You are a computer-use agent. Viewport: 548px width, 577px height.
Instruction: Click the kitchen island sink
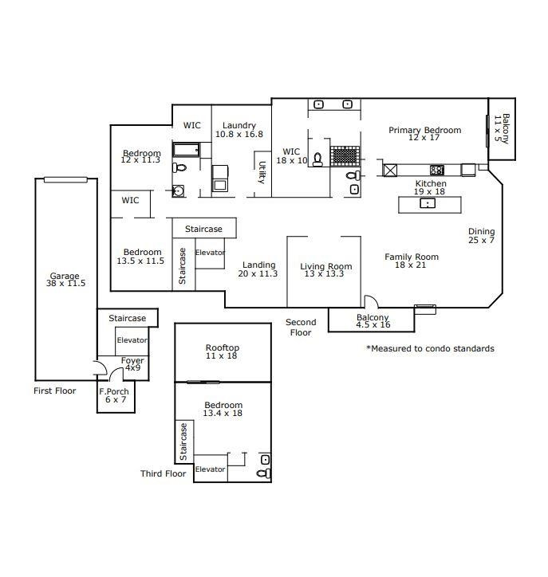(428, 203)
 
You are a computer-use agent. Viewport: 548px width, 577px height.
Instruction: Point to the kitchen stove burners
(437, 170)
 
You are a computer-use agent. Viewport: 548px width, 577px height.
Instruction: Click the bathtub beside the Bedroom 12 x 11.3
(187, 150)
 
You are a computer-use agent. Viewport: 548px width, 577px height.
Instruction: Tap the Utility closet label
(262, 172)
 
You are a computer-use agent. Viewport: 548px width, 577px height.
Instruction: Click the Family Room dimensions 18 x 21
(410, 265)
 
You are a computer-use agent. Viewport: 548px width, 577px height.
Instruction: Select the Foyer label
(132, 360)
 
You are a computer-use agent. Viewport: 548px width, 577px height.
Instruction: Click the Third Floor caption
(164, 473)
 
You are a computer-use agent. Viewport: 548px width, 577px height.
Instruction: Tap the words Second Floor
(301, 327)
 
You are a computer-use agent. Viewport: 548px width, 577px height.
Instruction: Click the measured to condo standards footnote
(430, 348)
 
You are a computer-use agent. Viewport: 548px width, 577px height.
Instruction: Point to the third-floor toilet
(264, 473)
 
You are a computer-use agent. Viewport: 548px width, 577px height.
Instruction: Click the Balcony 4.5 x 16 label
(373, 321)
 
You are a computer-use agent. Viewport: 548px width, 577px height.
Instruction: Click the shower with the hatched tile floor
(345, 155)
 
